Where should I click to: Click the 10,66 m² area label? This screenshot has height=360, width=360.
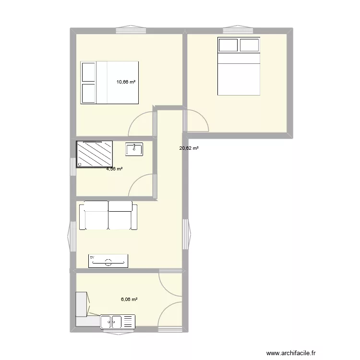pos(126,82)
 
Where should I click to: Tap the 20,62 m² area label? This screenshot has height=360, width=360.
pos(189,148)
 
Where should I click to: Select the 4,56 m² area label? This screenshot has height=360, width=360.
pos(114,168)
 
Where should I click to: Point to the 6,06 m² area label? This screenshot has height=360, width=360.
pos(129,299)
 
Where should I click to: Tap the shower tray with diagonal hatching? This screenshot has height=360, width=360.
pos(95,154)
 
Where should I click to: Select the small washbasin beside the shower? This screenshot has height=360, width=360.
pos(134,149)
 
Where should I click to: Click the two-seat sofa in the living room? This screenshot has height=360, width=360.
pos(108,216)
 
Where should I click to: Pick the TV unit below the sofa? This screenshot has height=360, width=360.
pos(108,261)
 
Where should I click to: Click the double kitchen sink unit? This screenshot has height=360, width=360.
pos(118,322)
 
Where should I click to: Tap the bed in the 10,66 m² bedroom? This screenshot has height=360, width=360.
pos(110,82)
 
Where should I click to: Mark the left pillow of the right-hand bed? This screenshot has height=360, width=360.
pos(228,45)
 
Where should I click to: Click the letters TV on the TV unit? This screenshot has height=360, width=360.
pos(93,258)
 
